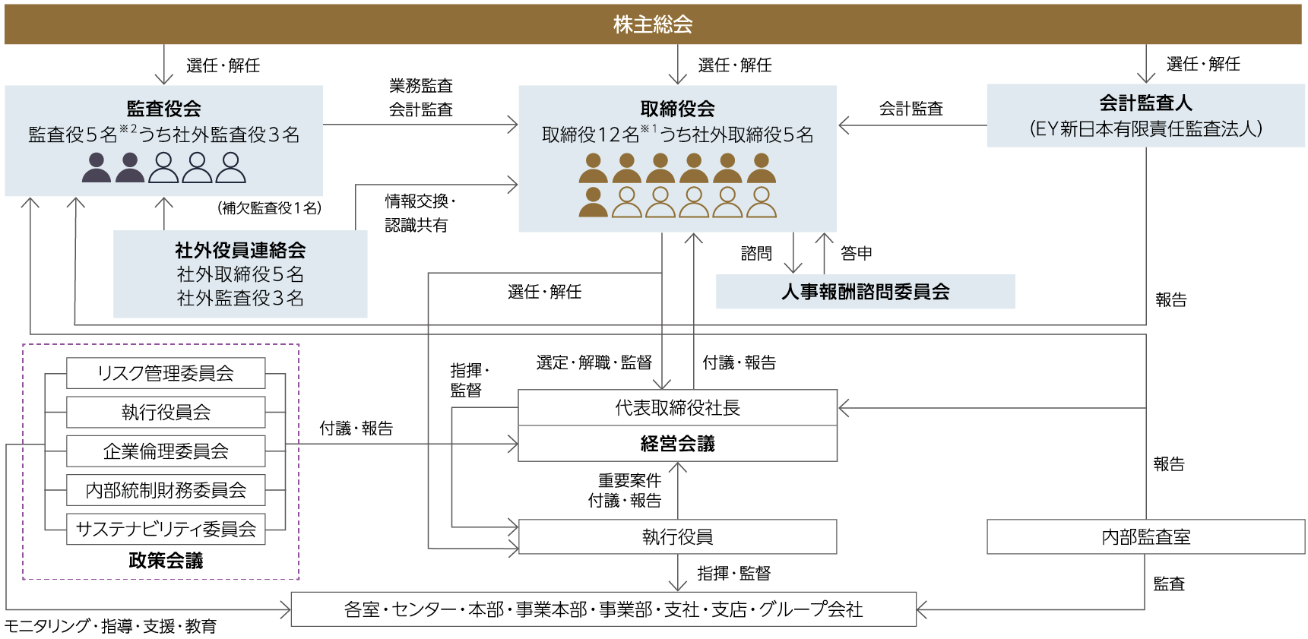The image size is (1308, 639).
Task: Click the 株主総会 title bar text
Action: [x=653, y=24]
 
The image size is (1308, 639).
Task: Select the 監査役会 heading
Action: [x=163, y=109]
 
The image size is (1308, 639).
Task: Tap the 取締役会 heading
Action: [x=677, y=109]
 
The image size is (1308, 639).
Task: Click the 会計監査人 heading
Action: [x=1145, y=103]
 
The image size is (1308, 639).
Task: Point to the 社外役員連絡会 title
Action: [x=240, y=250]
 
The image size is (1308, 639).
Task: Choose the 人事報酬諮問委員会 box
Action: [x=865, y=292]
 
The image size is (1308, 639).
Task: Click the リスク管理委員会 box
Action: [x=166, y=373]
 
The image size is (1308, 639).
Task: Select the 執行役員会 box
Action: [x=166, y=412]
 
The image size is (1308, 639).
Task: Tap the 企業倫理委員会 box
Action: [x=166, y=451]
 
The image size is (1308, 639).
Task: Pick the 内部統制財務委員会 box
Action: [x=166, y=490]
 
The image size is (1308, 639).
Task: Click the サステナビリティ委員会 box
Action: [x=166, y=529]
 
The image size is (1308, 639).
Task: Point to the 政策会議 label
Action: [x=166, y=561]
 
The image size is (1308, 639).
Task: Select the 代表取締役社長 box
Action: [x=677, y=408]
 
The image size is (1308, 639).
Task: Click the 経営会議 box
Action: [x=677, y=444]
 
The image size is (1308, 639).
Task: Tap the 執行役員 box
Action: [x=677, y=537]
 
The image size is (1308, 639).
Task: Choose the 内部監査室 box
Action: [x=1145, y=537]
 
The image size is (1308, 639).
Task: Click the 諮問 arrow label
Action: [x=756, y=253]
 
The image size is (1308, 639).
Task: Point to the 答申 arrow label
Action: [x=857, y=253]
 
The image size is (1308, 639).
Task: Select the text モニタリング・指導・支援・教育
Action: [x=111, y=626]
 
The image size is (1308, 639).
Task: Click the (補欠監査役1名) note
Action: [x=270, y=207]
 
